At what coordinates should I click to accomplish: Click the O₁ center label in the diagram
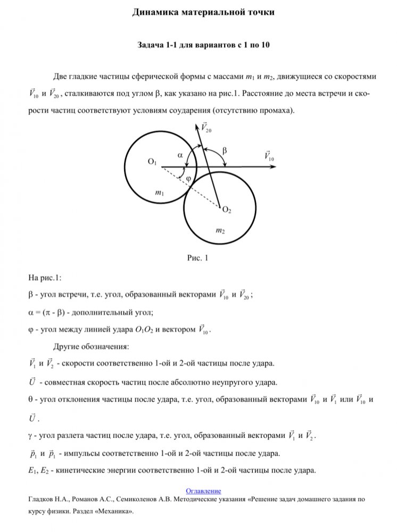click(x=152, y=162)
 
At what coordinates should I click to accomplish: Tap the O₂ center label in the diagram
click(x=226, y=211)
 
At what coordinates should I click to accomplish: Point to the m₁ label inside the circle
click(x=159, y=194)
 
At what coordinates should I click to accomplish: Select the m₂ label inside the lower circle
click(x=219, y=230)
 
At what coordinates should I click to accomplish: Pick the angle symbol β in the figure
click(x=224, y=151)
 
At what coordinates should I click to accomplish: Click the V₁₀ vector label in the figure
click(x=269, y=156)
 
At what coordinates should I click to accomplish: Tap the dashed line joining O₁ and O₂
click(x=186, y=184)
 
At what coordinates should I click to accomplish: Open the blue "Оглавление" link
click(x=203, y=491)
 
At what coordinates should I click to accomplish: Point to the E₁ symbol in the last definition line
click(x=31, y=470)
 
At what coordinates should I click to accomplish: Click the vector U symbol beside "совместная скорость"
click(x=31, y=382)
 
